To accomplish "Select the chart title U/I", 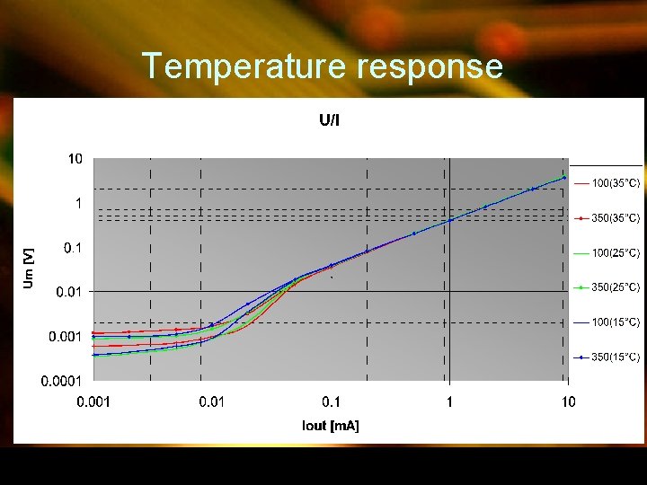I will click(x=330, y=120).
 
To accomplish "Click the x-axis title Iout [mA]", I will click(x=331, y=426).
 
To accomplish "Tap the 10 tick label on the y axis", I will click(x=75, y=159).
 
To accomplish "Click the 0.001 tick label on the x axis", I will click(x=93, y=401).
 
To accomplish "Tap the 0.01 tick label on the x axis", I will click(x=212, y=401).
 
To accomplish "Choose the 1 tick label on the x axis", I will click(x=450, y=401).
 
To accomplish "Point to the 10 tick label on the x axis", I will click(x=568, y=401).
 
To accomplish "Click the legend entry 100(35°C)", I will click(x=615, y=183).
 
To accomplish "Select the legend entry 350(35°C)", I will click(x=615, y=218).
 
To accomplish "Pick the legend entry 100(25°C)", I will click(x=615, y=253).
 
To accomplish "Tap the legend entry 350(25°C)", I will click(x=615, y=287).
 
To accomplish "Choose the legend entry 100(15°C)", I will click(x=615, y=322).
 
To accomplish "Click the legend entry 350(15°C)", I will click(x=615, y=357).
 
